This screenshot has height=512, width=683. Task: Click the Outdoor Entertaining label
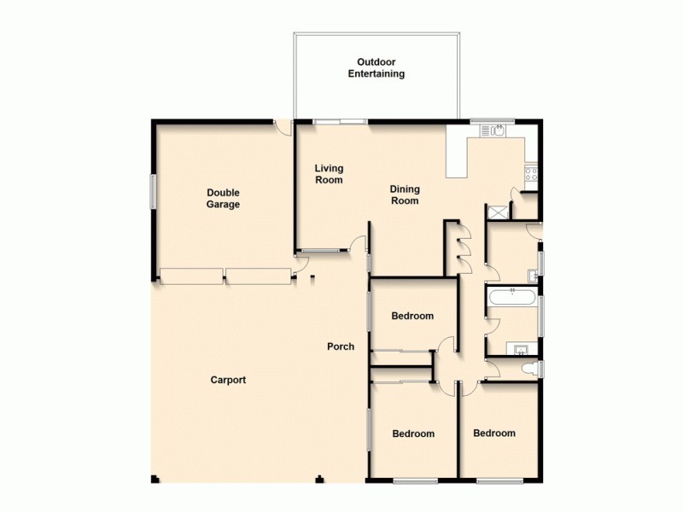click(376, 67)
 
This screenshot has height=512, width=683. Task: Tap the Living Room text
click(329, 174)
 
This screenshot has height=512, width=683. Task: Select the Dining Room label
click(405, 195)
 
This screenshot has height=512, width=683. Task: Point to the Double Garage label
click(223, 199)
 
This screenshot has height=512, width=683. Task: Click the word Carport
click(228, 380)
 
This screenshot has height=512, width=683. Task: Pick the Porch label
click(341, 346)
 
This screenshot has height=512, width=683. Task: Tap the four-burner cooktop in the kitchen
click(530, 176)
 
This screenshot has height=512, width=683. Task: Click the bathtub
click(511, 299)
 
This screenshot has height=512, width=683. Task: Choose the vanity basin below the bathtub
click(518, 347)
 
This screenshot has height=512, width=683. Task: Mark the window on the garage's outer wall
click(154, 189)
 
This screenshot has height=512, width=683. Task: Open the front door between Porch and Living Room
click(359, 245)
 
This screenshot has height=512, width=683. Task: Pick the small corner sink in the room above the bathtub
click(531, 275)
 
